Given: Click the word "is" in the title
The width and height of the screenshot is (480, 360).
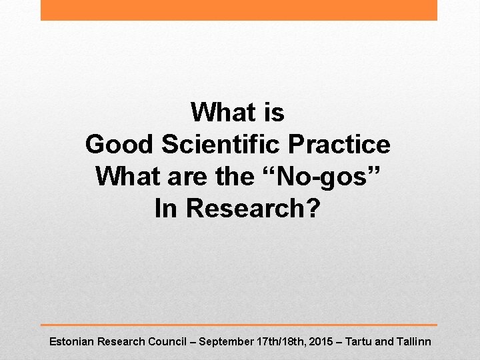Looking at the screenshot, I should [273, 112].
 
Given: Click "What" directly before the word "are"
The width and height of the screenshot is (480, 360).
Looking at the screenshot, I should [123, 176].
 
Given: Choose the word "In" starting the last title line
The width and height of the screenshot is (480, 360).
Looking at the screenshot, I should [167, 208].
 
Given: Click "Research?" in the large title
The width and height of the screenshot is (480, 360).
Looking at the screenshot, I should [253, 208].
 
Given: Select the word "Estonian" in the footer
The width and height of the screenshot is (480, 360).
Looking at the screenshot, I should [71, 342].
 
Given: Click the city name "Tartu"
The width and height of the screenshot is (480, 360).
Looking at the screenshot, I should [358, 342].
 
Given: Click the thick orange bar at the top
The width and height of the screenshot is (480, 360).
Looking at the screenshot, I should [239, 10].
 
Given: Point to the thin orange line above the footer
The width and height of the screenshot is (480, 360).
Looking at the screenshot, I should [239, 325].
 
